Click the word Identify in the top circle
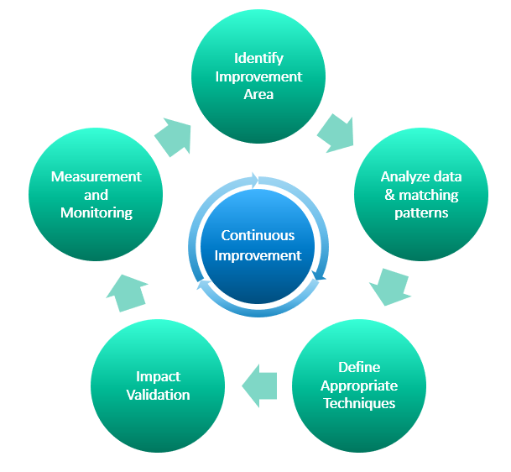[258, 59]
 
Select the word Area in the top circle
[258, 94]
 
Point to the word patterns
[421, 212]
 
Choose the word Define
[359, 367]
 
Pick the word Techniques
[359, 403]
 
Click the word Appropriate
[359, 385]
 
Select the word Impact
[158, 376]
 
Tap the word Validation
[158, 395]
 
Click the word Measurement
[96, 176]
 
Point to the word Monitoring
[96, 212]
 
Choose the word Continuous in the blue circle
[258, 236]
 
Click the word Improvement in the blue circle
[258, 255]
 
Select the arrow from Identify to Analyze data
[336, 133]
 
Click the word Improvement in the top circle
[258, 76]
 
